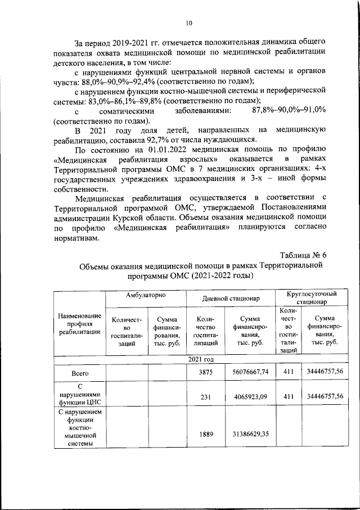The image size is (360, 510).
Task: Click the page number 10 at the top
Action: click(188, 23)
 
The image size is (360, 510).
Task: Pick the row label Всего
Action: click(79, 373)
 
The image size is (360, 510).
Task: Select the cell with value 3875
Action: click(205, 373)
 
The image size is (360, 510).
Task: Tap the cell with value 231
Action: click(205, 396)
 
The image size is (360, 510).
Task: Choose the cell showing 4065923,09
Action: click(250, 396)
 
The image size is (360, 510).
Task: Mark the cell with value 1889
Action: click(205, 434)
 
